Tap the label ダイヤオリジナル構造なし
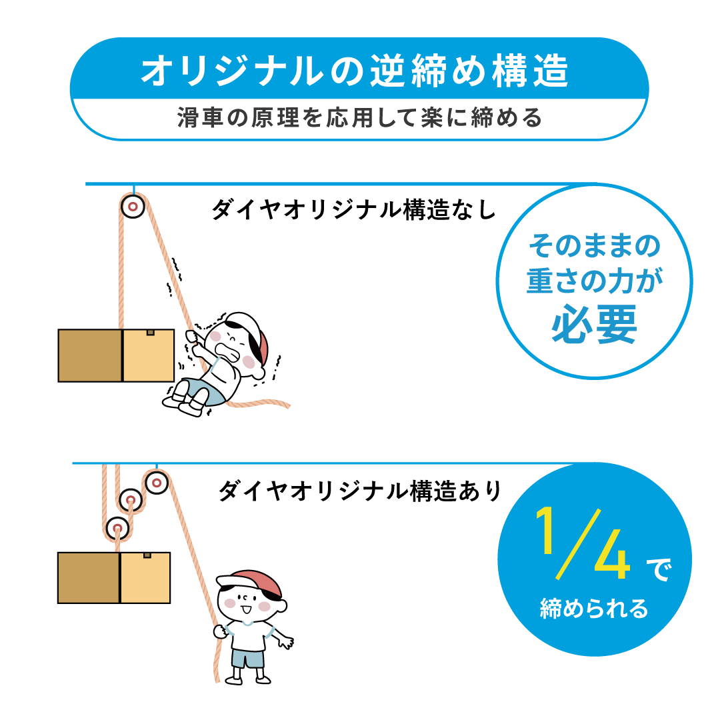[353, 210]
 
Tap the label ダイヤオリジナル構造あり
[359, 491]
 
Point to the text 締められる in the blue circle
[594, 609]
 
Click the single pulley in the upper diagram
[133, 207]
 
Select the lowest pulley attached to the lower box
[117, 529]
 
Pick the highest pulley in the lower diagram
[156, 481]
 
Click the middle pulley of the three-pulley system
[131, 500]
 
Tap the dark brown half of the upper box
[90, 355]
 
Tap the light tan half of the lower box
[145, 577]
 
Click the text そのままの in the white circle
[594, 247]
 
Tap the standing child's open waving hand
[285, 642]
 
